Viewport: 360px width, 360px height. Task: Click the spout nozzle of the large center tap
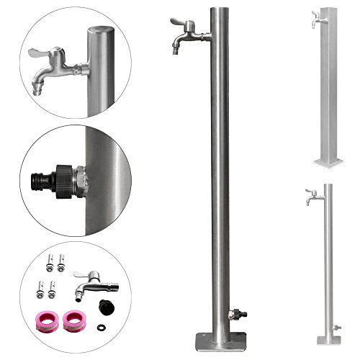(176, 49)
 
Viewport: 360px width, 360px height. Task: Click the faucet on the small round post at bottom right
(310, 195)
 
